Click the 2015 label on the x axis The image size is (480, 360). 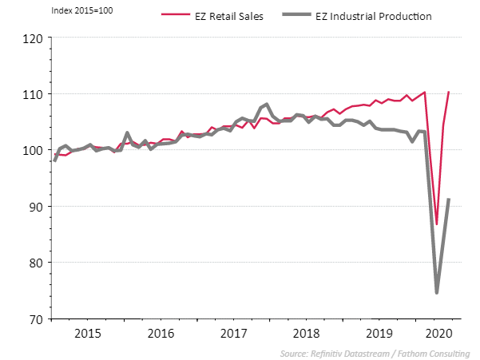(87, 333)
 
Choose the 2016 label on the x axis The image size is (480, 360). (161, 333)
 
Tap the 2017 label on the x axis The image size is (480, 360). (234, 333)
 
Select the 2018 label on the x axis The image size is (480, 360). (307, 333)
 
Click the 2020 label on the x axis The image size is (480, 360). (438, 333)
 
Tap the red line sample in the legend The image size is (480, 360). (176, 16)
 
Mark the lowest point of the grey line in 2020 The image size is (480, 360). (437, 292)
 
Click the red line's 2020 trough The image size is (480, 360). (437, 224)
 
